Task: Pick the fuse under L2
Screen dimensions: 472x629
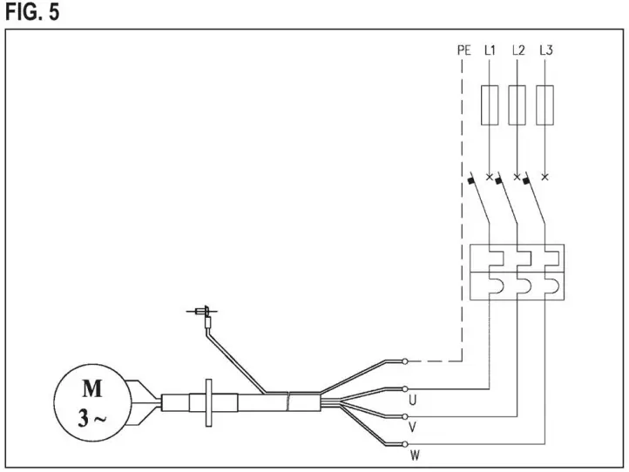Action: (517, 102)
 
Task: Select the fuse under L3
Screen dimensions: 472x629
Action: (545, 102)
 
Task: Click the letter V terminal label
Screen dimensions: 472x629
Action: (412, 428)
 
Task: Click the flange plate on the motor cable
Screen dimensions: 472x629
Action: (208, 403)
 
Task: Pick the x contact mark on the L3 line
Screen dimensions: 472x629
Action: (545, 178)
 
